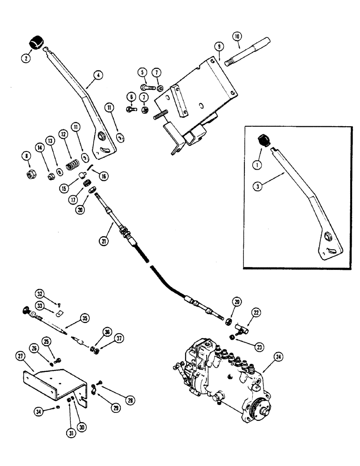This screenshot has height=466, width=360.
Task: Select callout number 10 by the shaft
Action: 237,36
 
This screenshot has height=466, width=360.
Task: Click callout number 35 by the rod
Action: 85,319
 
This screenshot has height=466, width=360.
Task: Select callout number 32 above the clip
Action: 41,294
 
